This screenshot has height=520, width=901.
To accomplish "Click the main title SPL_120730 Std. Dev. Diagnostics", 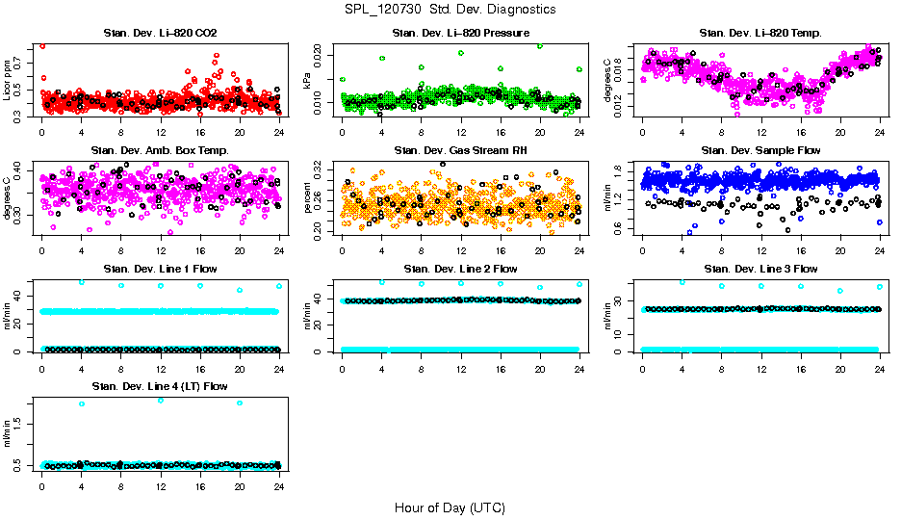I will point(450,9).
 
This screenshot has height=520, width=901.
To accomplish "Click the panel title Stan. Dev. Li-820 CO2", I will point(160,34).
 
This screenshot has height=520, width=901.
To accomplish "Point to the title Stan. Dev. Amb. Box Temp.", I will point(160,151).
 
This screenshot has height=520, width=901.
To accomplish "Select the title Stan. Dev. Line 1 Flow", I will point(160,269).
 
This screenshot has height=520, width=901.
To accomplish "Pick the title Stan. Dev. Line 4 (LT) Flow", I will point(160,386).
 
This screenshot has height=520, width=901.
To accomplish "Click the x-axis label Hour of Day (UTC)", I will point(450,507).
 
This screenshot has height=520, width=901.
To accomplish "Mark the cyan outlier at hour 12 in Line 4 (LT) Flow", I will point(160,400).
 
